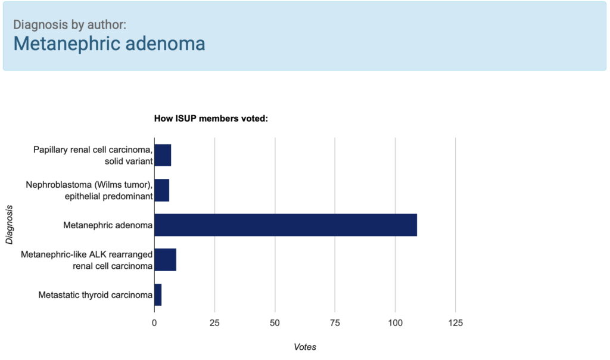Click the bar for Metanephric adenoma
(285, 225)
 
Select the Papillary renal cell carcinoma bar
(163, 156)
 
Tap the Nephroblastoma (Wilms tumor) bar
(162, 190)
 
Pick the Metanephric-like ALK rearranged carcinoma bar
(166, 260)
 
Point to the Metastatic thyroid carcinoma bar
(158, 294)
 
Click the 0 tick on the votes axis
(154, 322)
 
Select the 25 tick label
(214, 322)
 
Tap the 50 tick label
(275, 322)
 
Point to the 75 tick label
(335, 322)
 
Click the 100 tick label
(396, 322)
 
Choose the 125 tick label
(456, 322)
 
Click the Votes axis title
(305, 347)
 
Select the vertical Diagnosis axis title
(9, 225)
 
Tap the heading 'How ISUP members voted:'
(211, 119)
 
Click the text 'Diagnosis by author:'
(70, 24)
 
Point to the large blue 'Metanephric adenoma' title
(110, 43)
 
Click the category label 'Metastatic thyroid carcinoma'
(95, 295)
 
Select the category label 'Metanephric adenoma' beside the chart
(108, 225)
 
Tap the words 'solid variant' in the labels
(129, 161)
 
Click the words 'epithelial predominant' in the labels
(108, 196)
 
